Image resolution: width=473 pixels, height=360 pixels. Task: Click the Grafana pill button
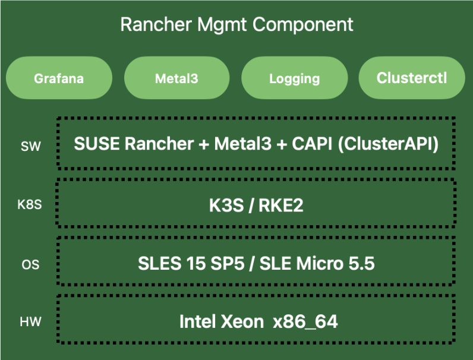point(59,78)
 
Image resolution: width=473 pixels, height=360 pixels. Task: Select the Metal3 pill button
point(176,78)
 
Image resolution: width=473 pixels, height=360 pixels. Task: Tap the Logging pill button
point(294,78)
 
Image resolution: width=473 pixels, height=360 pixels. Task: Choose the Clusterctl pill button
point(412,78)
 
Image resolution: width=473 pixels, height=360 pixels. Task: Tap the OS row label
point(30,264)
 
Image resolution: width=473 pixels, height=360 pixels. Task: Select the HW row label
point(30,322)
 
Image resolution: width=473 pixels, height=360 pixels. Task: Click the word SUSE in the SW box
point(94,144)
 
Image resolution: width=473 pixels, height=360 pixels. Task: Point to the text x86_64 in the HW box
point(305,323)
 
